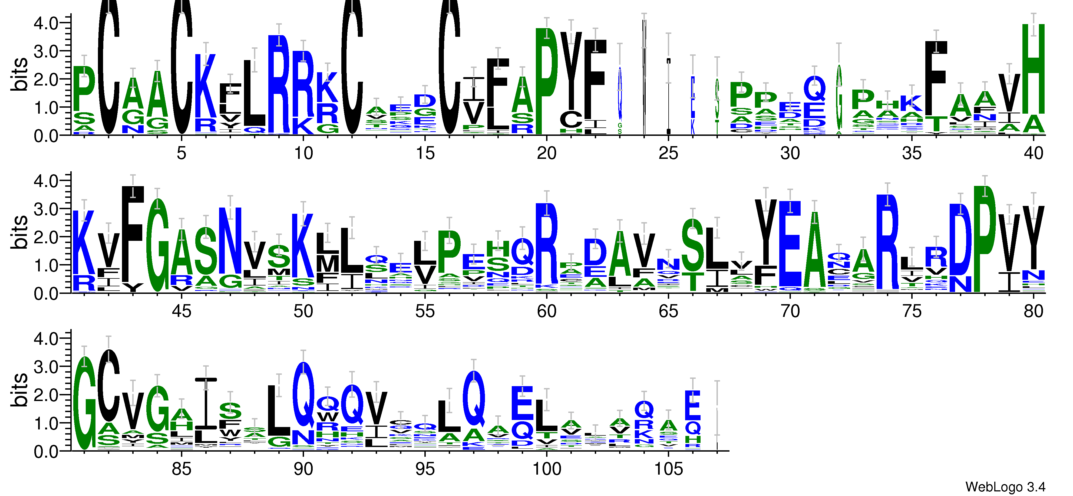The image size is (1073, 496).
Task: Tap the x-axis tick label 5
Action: click(181, 153)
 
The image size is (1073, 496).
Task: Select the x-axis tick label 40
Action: click(1033, 153)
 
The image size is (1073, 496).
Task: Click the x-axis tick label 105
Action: click(668, 469)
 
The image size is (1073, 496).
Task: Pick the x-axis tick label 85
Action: click(181, 469)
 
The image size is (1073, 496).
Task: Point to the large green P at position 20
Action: click(546, 81)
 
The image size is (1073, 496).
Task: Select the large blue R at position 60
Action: click(546, 244)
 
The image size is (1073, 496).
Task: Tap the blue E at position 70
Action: click(790, 244)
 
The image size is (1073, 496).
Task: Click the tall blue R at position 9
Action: click(279, 83)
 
